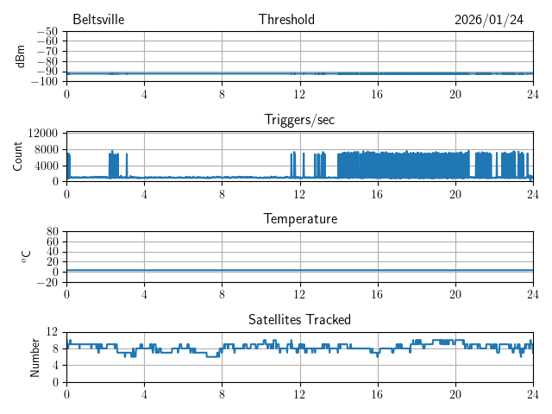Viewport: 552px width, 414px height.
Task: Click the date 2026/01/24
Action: (x=489, y=20)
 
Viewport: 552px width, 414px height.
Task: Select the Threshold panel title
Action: (x=286, y=20)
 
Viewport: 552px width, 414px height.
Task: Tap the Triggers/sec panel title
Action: (x=299, y=120)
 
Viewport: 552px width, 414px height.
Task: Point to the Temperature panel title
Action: (x=299, y=220)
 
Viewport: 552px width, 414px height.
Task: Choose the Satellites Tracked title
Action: (x=299, y=320)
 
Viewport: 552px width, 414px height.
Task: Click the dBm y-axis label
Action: (x=21, y=56)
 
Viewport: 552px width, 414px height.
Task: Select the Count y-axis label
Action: (x=17, y=156)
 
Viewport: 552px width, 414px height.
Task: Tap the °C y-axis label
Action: (x=26, y=256)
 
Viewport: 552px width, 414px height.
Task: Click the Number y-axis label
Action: (x=35, y=356)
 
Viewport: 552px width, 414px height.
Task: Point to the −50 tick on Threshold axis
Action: (x=47, y=32)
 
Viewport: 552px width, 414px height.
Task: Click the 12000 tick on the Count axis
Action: (x=42, y=133)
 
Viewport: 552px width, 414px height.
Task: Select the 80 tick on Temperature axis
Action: (x=52, y=232)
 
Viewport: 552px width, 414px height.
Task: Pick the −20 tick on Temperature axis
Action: (x=47, y=282)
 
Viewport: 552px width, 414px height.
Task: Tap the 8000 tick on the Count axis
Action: (x=46, y=149)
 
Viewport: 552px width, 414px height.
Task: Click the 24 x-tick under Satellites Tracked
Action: (x=532, y=393)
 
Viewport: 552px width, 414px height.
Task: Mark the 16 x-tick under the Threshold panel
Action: (x=377, y=93)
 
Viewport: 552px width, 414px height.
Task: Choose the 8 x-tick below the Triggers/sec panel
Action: (x=222, y=193)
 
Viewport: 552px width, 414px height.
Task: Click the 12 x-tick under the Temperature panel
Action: (x=299, y=293)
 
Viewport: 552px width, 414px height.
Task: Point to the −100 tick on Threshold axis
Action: (x=43, y=82)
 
